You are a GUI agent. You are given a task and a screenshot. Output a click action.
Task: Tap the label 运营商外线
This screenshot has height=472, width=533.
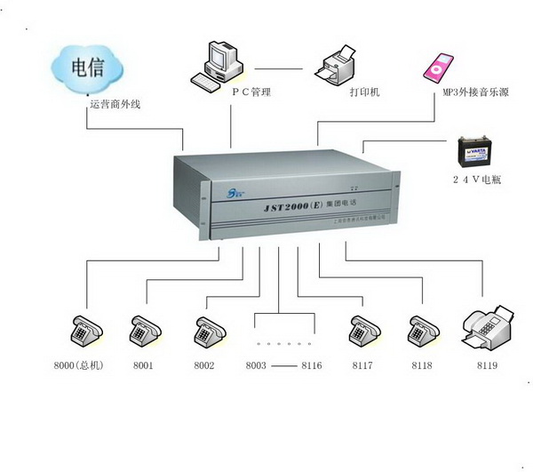click(115, 104)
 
